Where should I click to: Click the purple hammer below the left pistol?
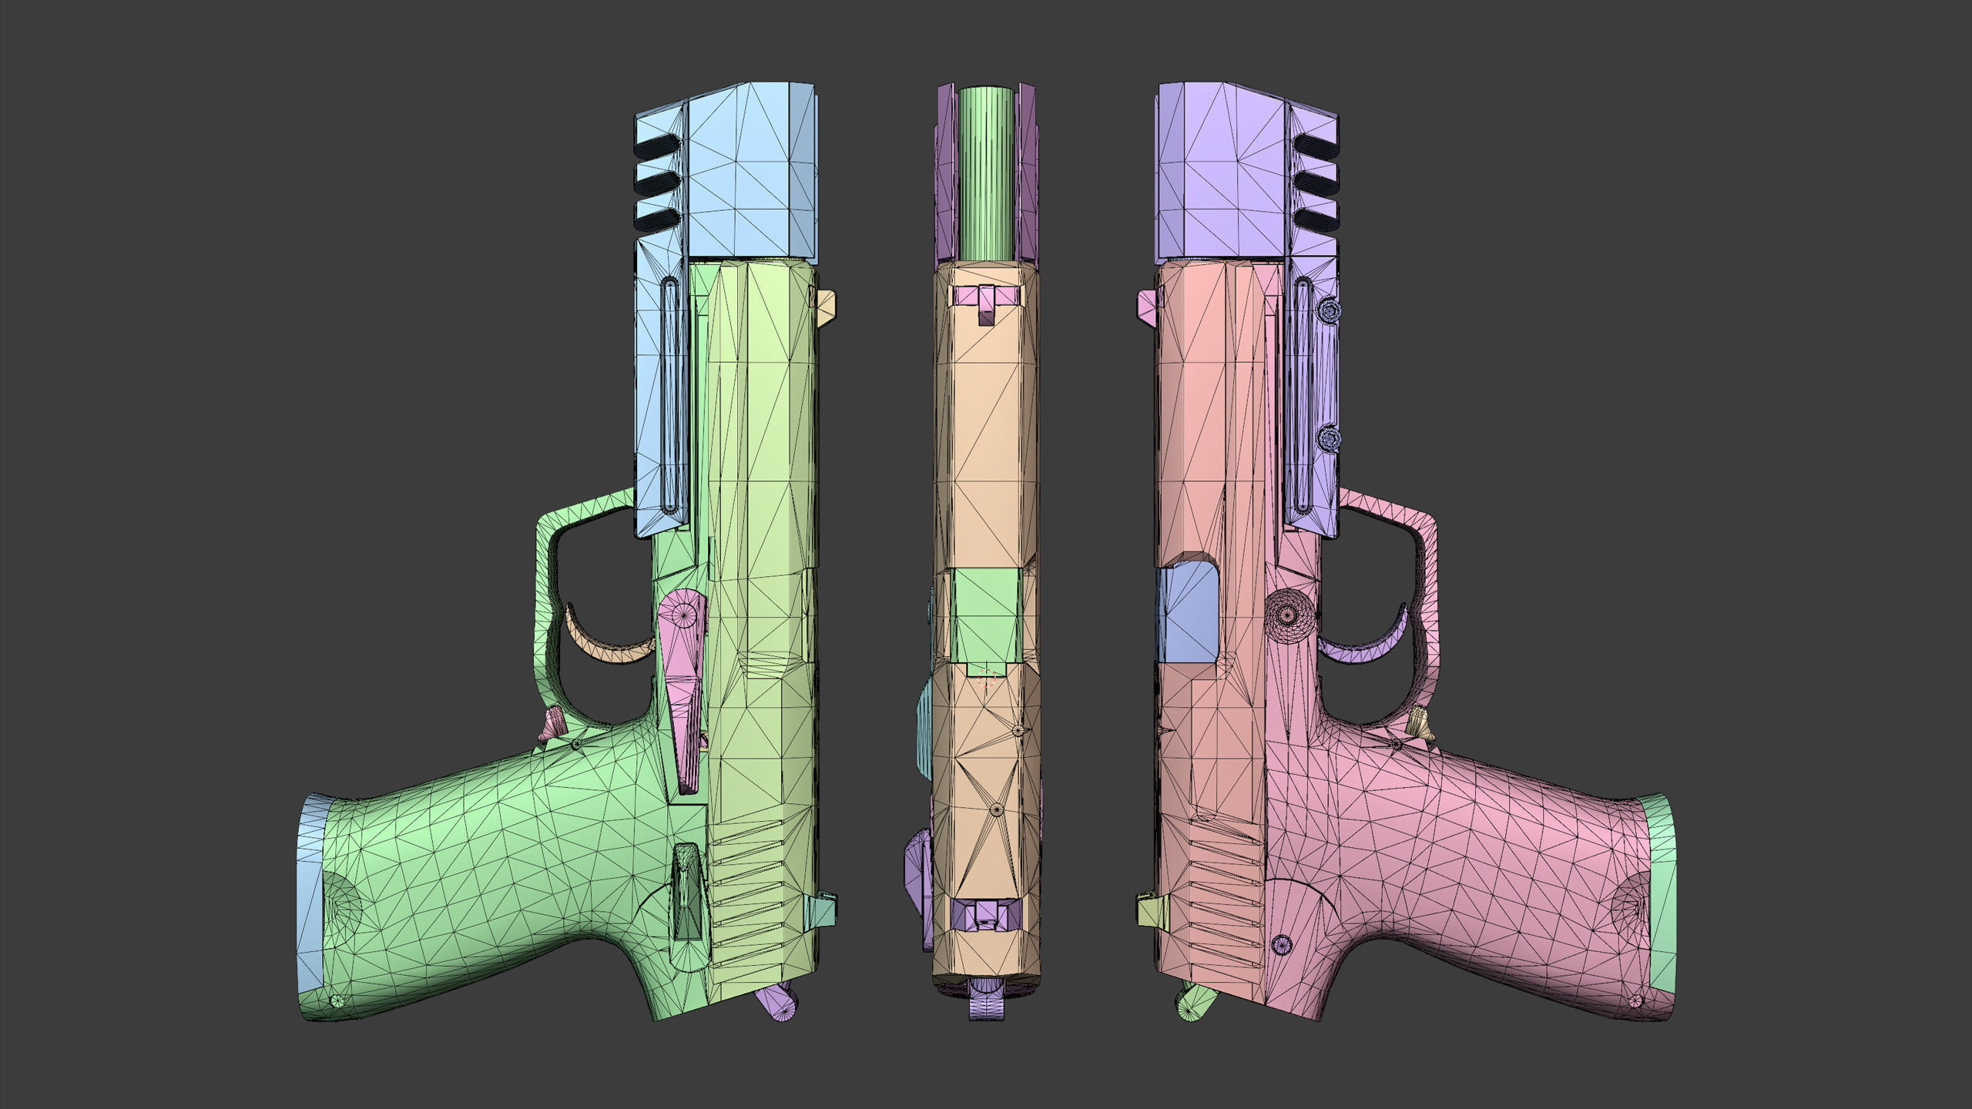(776, 1003)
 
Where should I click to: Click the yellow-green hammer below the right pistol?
(1197, 1003)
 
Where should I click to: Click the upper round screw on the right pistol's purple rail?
(1329, 311)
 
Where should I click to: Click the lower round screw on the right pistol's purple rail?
(1329, 440)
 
